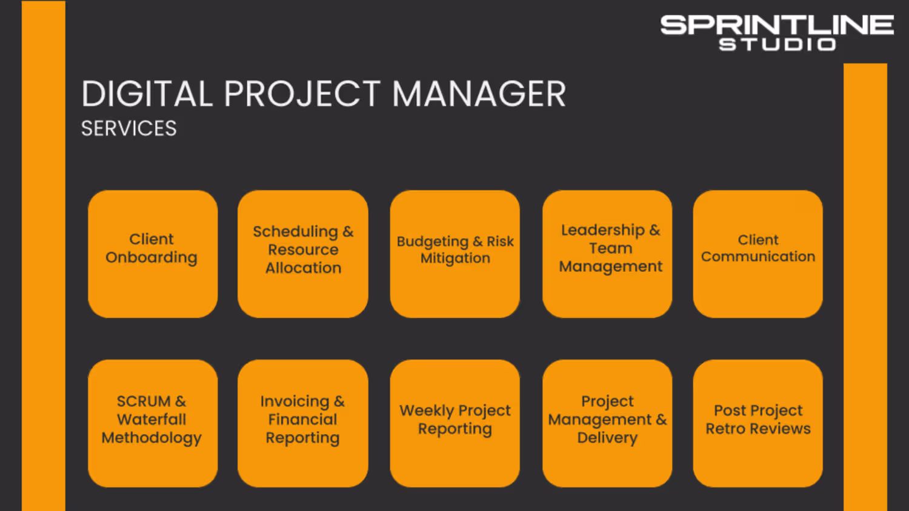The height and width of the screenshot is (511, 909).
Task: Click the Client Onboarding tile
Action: click(153, 254)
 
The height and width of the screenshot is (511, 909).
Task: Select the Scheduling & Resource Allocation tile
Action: click(303, 254)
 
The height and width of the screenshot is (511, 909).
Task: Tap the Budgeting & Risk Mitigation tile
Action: click(455, 254)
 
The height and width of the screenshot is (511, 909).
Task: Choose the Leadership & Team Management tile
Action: click(607, 254)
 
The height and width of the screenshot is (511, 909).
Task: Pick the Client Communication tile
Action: click(758, 254)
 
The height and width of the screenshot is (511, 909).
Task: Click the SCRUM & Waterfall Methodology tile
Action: click(153, 423)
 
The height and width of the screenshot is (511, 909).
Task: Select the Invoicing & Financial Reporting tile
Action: click(303, 423)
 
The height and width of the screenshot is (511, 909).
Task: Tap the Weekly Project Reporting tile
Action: click(455, 423)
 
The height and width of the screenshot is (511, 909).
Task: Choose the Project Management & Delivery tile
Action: click(607, 423)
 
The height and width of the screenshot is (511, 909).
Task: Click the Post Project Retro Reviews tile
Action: click(758, 423)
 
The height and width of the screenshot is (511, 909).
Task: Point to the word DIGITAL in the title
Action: click(147, 94)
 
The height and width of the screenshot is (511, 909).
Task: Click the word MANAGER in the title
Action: click(479, 94)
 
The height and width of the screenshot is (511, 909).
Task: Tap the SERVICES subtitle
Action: click(129, 128)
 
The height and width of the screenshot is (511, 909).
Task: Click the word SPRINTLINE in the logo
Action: click(777, 25)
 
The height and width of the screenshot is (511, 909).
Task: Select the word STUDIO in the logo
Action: click(777, 44)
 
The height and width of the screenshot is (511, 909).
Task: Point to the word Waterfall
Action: click(151, 419)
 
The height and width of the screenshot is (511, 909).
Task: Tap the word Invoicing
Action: click(295, 401)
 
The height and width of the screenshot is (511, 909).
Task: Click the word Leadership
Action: click(602, 230)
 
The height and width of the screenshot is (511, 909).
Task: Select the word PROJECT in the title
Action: click(302, 94)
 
